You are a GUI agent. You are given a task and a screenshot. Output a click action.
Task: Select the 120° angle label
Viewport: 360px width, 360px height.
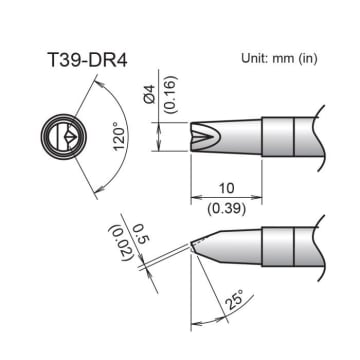click(x=119, y=134)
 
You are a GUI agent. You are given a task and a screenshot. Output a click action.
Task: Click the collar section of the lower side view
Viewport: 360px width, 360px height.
click(x=278, y=243)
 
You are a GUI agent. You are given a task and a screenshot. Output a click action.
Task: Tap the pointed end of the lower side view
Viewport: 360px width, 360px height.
click(x=193, y=245)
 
